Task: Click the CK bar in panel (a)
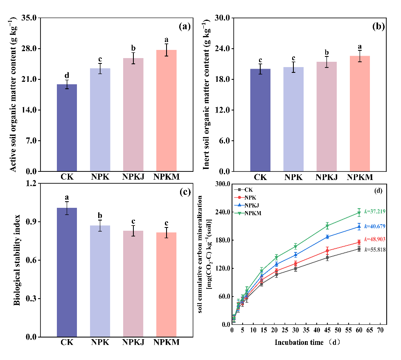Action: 67,128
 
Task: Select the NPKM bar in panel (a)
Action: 167,110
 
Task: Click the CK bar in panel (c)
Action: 67,272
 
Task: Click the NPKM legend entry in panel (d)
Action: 252,213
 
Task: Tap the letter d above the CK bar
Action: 67,75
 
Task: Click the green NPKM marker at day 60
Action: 359,213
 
